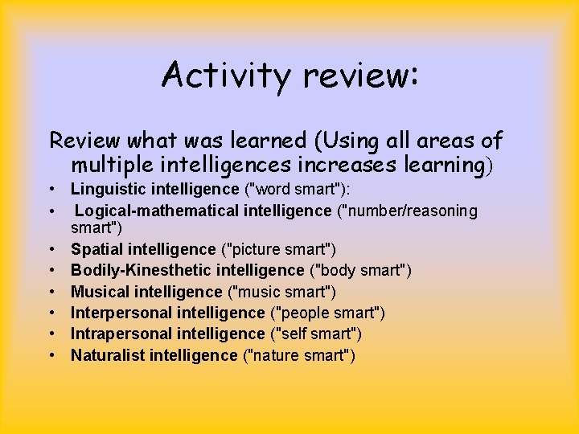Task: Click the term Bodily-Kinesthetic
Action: coord(137,271)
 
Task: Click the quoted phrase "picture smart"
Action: coord(278,250)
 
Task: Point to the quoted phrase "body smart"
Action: coord(361,271)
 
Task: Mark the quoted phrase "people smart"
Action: coord(327,313)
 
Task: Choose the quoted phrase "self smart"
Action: coord(313,334)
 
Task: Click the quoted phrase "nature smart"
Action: coord(298,354)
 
